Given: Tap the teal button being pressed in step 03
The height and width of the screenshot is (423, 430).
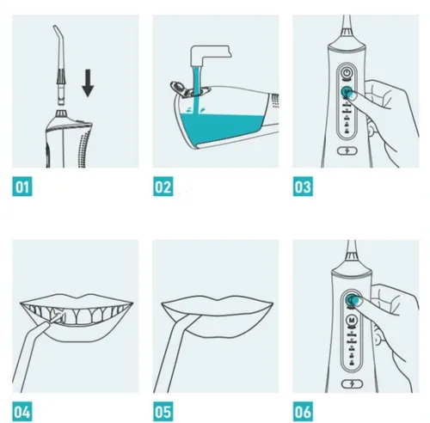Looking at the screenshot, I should [x=346, y=92].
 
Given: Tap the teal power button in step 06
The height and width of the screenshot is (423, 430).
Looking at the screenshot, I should [x=351, y=299].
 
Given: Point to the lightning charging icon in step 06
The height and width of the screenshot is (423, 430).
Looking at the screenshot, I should [x=353, y=383].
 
